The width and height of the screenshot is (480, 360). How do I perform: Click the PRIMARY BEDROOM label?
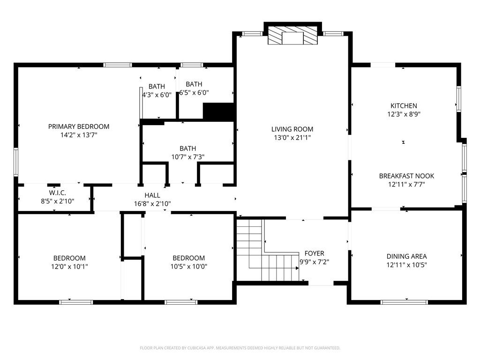coord(79,127)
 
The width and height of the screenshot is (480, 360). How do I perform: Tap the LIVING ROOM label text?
coord(292,129)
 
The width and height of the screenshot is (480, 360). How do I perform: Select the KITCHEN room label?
coord(404,106)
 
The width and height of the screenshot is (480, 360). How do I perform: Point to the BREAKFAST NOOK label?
coord(406,176)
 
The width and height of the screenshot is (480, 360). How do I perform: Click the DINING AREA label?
coord(406,256)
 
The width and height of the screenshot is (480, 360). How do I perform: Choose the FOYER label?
coord(315,254)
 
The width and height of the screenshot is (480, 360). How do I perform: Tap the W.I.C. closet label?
coord(58,193)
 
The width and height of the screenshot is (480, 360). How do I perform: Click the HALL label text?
coord(152,195)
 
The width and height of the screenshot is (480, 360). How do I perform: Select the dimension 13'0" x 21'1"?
coord(292,138)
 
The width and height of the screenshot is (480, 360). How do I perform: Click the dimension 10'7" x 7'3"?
coord(187,157)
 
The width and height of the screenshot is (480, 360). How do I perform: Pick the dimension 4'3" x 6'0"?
coord(157,95)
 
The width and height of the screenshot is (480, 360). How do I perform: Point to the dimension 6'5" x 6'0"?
coord(194,92)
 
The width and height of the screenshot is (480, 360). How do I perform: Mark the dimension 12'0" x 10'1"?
coord(69,267)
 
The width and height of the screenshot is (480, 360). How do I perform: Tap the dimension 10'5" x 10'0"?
coord(188,267)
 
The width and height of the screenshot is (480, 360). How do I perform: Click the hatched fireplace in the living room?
coord(292,35)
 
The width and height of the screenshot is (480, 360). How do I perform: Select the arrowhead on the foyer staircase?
coord(297,268)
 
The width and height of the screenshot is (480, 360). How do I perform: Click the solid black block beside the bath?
coord(218,112)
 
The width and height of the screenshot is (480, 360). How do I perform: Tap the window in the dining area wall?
coord(404,302)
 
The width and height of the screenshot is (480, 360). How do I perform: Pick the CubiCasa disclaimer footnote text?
coord(240,348)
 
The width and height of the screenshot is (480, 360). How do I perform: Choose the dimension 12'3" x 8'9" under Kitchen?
coord(404,114)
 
